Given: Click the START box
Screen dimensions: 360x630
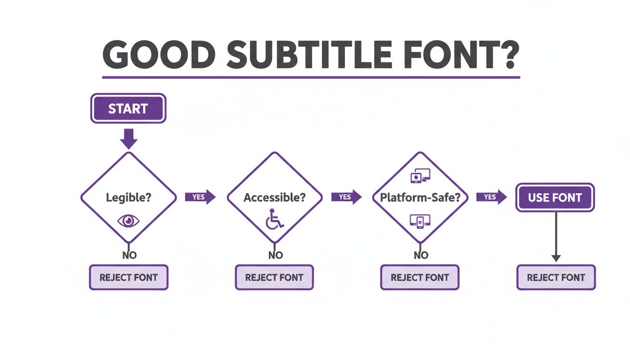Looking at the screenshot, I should [x=128, y=108].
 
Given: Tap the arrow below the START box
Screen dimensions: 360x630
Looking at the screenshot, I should [x=128, y=139].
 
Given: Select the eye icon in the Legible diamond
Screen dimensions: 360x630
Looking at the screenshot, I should [x=128, y=221].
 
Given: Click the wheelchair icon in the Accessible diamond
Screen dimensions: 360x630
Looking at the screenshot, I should [x=274, y=219].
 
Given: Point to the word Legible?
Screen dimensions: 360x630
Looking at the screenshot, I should [x=128, y=197].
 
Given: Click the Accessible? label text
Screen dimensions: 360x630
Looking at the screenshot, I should [x=274, y=197].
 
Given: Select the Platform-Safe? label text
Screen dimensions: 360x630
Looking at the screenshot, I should [x=420, y=197].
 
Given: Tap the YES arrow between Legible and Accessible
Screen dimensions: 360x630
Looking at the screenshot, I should [x=200, y=197].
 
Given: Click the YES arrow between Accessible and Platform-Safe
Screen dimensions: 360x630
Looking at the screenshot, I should [x=346, y=197].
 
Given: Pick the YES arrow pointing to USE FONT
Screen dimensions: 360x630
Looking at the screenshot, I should [x=491, y=197].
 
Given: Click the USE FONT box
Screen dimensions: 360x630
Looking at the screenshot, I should [x=555, y=197].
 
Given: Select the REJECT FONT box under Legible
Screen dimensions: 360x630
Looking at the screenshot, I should [x=128, y=277].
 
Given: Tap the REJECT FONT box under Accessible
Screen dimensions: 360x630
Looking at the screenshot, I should [x=274, y=277].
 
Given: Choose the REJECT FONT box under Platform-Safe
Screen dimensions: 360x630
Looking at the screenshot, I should [x=420, y=277].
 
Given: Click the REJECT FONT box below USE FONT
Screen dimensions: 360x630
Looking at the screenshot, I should [x=556, y=277].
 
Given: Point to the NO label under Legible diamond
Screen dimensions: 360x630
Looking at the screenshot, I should [x=129, y=255].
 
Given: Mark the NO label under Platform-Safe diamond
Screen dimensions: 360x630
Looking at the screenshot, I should [x=421, y=255].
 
